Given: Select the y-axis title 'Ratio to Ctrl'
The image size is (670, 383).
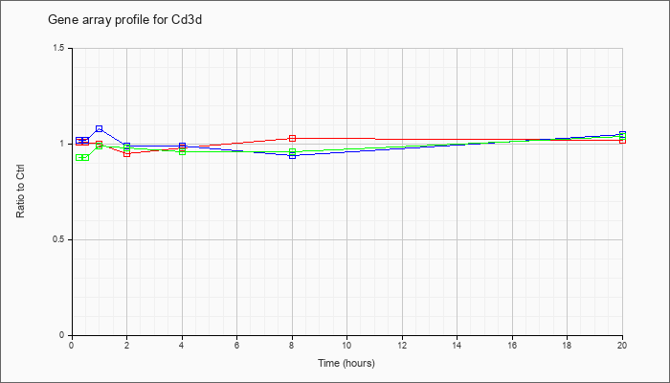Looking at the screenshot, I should pyautogui.click(x=21, y=191).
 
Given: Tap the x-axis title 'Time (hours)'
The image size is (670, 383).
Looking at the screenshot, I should pyautogui.click(x=346, y=364).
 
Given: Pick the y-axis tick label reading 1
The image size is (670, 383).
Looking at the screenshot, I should pyautogui.click(x=63, y=144).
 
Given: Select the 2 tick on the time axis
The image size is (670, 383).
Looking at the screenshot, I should pyautogui.click(x=126, y=346).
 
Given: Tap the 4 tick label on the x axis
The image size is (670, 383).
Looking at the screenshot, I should pyautogui.click(x=182, y=346).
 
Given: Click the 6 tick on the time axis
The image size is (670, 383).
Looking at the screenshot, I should pyautogui.click(x=236, y=346).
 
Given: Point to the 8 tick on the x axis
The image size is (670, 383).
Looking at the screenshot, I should pyautogui.click(x=292, y=346).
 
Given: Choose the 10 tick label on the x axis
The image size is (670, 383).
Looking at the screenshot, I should pyautogui.click(x=346, y=346).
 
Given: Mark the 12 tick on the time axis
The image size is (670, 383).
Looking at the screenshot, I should pyautogui.click(x=402, y=346).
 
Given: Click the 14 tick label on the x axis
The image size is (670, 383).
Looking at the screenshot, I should pyautogui.click(x=458, y=346).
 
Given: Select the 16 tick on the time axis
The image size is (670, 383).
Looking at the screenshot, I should pyautogui.click(x=512, y=346).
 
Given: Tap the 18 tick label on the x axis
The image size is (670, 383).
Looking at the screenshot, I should pyautogui.click(x=568, y=346).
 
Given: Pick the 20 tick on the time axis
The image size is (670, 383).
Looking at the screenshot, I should pyautogui.click(x=622, y=346).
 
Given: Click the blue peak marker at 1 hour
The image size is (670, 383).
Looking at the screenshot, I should pyautogui.click(x=99, y=128).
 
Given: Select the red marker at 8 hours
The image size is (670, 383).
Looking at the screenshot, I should pyautogui.click(x=292, y=139).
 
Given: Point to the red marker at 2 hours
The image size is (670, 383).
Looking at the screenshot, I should pyautogui.click(x=126, y=153).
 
